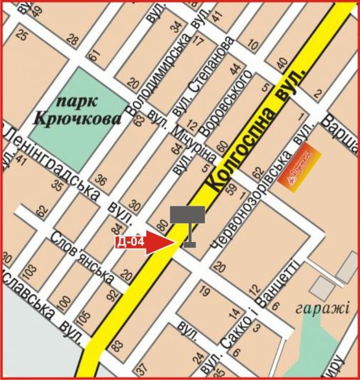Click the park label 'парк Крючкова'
78,111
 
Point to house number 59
234,191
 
